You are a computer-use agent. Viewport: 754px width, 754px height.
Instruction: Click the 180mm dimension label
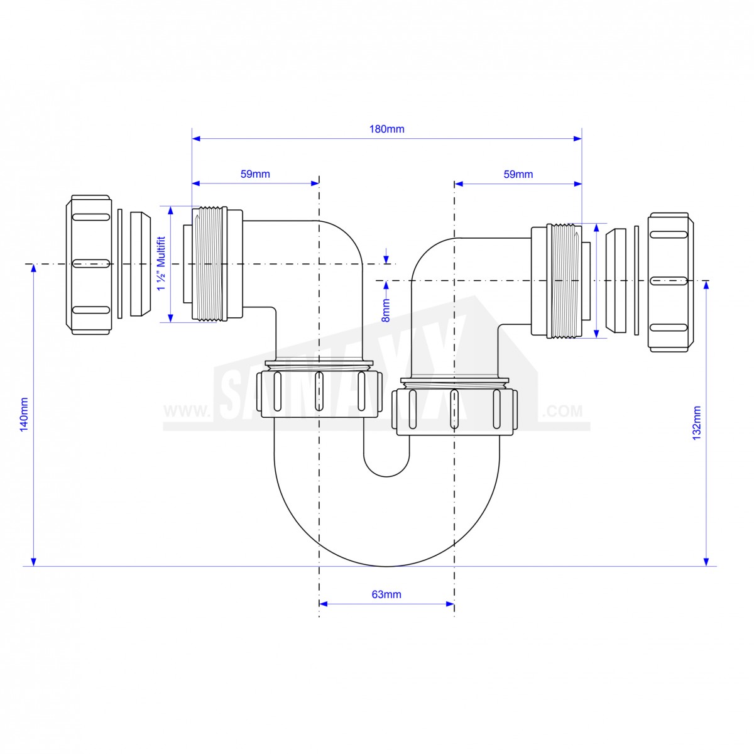(x=386, y=129)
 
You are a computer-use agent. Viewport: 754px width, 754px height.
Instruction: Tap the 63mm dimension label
(x=386, y=594)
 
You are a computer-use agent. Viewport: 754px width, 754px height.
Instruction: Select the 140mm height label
(x=25, y=414)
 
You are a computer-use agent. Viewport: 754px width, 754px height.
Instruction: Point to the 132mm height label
(x=696, y=423)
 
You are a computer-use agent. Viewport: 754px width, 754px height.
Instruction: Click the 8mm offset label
(x=386, y=310)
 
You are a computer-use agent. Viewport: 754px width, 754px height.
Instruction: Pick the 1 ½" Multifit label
(x=161, y=263)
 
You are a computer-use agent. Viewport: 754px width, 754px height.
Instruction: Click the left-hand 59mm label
(x=255, y=174)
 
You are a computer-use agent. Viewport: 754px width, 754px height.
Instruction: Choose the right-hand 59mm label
(x=518, y=174)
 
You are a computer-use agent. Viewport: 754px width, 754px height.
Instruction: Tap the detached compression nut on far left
(x=89, y=265)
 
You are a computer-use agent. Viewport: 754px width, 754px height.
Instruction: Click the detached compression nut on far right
(x=670, y=281)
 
